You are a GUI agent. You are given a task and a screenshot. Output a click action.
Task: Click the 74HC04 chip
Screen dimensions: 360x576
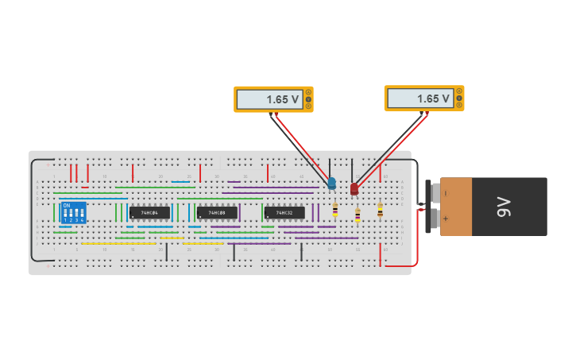pyautogui.click(x=149, y=213)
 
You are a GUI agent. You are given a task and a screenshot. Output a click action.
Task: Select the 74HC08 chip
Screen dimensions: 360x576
pyautogui.click(x=217, y=213)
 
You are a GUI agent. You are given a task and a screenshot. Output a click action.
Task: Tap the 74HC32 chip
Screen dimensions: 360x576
pyautogui.click(x=284, y=213)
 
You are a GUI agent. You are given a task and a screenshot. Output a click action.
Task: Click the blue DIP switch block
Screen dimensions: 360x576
pyautogui.click(x=74, y=212)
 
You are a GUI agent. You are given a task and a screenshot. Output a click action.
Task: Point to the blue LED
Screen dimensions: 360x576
pyautogui.click(x=331, y=184)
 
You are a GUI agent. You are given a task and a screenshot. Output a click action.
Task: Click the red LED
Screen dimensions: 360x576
pyautogui.click(x=354, y=188)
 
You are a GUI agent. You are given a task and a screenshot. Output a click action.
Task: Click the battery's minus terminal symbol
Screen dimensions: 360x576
pyautogui.click(x=446, y=193)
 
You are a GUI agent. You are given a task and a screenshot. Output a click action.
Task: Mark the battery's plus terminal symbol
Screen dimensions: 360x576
pyautogui.click(x=446, y=219)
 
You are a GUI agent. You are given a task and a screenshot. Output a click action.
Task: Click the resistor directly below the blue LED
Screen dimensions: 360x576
pyautogui.click(x=334, y=210)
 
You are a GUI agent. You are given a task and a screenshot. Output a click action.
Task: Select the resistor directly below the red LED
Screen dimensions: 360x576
pyautogui.click(x=358, y=215)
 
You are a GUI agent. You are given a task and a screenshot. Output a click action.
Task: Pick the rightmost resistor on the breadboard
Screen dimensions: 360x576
pyautogui.click(x=380, y=210)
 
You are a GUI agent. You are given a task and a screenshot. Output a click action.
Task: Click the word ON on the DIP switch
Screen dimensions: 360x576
pyautogui.click(x=67, y=206)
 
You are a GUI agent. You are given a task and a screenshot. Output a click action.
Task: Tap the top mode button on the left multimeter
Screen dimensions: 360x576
pyautogui.click(x=307, y=92)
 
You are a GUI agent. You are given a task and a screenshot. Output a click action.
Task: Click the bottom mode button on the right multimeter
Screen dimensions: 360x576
pyautogui.click(x=458, y=105)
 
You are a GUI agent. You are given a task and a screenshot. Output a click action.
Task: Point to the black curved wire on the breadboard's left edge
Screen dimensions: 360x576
pyautogui.click(x=32, y=211)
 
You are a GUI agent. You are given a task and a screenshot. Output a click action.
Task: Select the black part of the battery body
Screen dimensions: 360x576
pyautogui.click(x=509, y=207)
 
